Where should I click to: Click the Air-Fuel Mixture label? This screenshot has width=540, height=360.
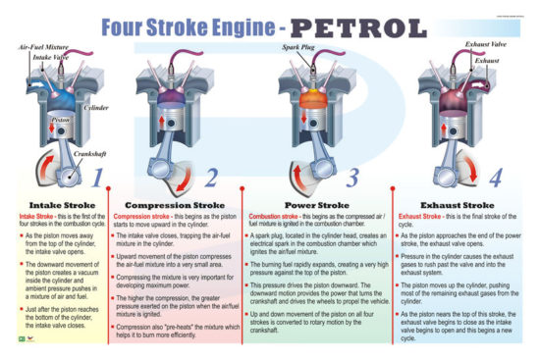click(44, 46)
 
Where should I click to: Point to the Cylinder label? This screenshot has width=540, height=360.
click(96, 108)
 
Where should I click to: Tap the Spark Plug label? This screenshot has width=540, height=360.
click(299, 46)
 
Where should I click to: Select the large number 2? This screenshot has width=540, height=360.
click(212, 179)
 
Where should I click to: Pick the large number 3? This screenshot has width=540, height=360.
click(354, 179)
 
